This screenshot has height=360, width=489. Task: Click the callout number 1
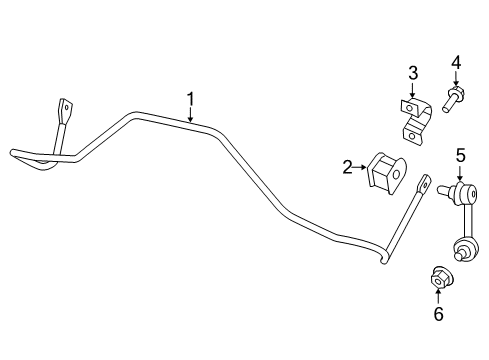click(189, 99)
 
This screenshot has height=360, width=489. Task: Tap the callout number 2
click(347, 168)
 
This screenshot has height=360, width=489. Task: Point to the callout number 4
click(456, 64)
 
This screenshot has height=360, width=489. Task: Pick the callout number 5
click(461, 155)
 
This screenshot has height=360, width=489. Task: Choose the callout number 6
click(437, 313)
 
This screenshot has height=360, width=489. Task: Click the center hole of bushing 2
click(394, 177)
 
